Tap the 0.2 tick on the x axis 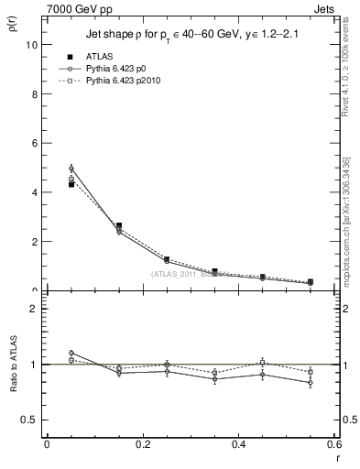[x=142, y=445]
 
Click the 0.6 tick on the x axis [x=334, y=445]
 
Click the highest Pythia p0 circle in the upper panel [x=71, y=169]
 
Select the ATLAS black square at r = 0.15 [x=118, y=225]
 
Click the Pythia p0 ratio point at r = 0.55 [x=311, y=383]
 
